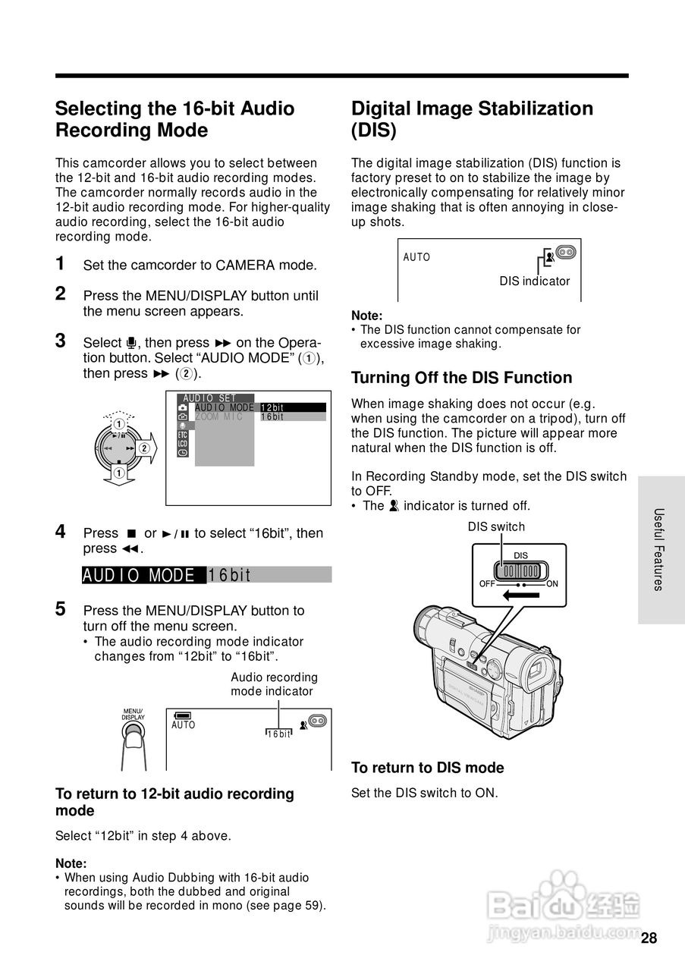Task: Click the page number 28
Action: coord(649,938)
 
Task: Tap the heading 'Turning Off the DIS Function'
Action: coord(461,378)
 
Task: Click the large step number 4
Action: coord(61,532)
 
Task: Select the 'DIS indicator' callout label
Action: coord(534,281)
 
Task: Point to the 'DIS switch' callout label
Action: coord(496,526)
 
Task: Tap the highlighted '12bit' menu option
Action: coord(292,407)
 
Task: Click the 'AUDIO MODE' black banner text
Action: coord(143,575)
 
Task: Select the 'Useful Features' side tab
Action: coord(659,549)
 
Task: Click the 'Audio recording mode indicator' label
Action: coord(274,684)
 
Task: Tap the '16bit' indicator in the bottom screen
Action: coord(279,734)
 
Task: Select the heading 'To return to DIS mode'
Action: coord(427,768)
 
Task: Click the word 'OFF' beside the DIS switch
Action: coord(488,584)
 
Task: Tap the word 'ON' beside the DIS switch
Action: coord(552,584)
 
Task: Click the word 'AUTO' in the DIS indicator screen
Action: coord(416,257)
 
